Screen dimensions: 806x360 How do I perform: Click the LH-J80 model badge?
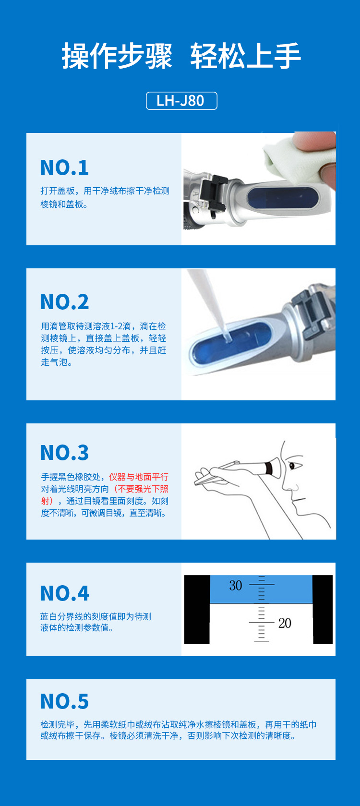point(181,101)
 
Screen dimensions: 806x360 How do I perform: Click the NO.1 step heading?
point(65,168)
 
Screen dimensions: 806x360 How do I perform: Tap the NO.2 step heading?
point(65,302)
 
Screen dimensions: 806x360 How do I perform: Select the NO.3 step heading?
point(65,453)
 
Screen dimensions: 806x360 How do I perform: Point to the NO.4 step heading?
point(65,593)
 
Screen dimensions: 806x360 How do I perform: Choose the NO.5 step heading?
point(65,701)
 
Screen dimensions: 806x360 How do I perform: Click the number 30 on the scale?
point(236,585)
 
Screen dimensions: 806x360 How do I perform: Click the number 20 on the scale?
point(285,623)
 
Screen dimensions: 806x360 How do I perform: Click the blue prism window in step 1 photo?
point(283,197)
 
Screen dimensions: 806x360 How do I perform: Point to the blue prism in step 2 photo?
point(230,342)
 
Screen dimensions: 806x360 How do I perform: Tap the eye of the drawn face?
point(293,465)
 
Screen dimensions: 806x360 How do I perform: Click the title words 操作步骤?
point(117,56)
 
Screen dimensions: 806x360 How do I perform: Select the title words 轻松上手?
point(245,56)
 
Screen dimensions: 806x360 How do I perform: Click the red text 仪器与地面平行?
point(139,477)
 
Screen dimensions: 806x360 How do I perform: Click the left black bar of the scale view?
point(197,610)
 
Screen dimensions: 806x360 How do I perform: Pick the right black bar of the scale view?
point(323,610)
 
